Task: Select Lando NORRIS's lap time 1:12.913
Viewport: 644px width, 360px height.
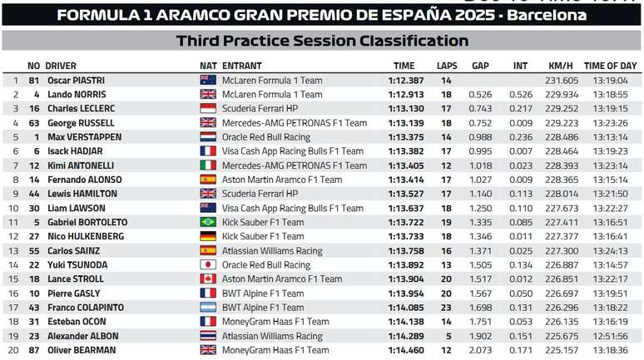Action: click(x=406, y=95)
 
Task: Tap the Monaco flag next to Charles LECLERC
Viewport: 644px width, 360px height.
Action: click(x=208, y=109)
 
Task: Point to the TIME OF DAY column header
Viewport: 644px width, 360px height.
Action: click(x=611, y=66)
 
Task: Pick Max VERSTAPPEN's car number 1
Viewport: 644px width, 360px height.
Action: click(x=37, y=137)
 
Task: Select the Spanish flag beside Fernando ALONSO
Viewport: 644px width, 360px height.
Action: click(x=208, y=180)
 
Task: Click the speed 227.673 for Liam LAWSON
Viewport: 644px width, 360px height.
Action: click(x=562, y=208)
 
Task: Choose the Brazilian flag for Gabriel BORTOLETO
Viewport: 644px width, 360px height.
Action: click(x=208, y=222)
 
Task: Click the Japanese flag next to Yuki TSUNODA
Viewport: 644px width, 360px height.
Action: click(x=208, y=264)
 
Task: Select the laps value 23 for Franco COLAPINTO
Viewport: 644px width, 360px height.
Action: click(x=446, y=307)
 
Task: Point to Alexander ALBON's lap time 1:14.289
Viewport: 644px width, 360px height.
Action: click(x=406, y=336)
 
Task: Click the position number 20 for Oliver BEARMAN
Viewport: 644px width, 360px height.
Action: click(x=13, y=350)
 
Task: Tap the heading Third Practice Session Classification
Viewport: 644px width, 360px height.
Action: click(x=322, y=41)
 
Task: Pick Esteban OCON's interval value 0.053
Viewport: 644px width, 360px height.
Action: click(x=521, y=322)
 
